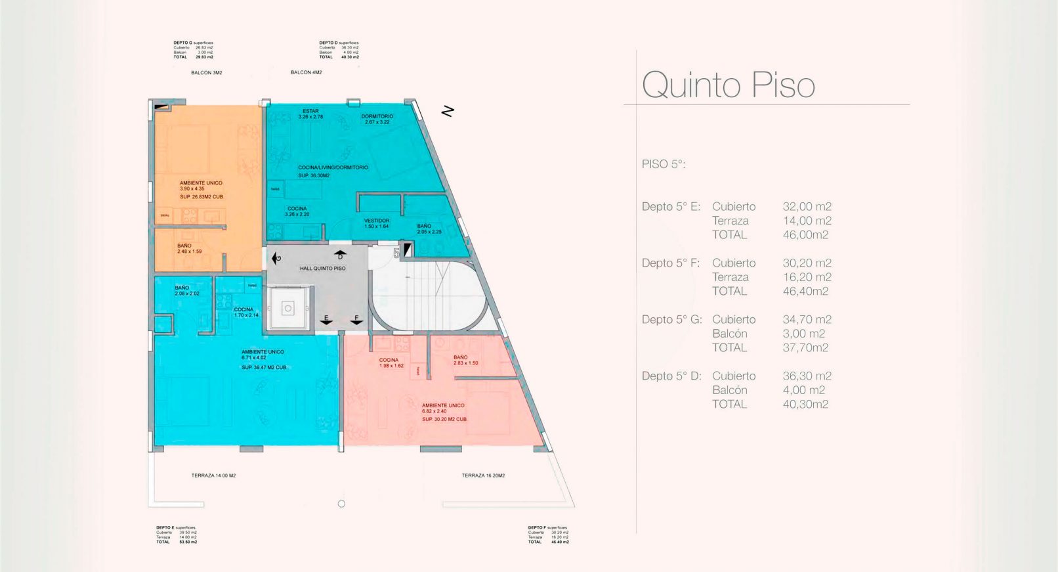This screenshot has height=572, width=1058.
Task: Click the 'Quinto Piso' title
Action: tap(728, 85)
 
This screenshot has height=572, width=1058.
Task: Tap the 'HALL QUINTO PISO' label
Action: tap(322, 269)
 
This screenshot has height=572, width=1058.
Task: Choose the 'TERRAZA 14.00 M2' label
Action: tap(213, 475)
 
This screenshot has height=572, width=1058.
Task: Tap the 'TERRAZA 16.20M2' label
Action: tap(483, 475)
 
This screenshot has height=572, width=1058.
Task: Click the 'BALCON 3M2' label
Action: tap(206, 73)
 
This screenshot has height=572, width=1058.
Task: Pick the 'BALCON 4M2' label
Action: tap(306, 72)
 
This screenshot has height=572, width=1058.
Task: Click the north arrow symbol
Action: tap(448, 111)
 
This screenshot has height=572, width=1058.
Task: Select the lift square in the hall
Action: tap(287, 309)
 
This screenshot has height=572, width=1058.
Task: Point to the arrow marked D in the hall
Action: tap(340, 254)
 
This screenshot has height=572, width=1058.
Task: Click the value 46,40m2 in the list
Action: tap(805, 291)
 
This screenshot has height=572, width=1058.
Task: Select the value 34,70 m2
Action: tap(807, 320)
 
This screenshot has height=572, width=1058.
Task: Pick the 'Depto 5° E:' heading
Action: tap(671, 207)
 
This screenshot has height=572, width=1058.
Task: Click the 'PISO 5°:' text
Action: tap(663, 164)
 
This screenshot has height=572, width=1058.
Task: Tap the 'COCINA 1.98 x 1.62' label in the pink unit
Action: tap(391, 363)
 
